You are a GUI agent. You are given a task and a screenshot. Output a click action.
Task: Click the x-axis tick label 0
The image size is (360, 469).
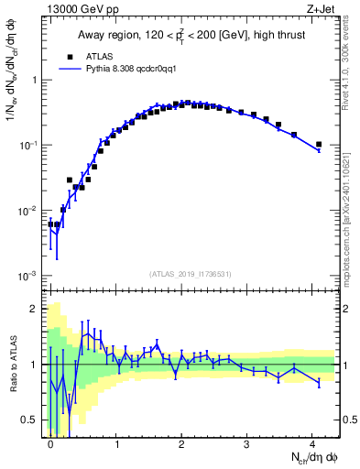point(51,442)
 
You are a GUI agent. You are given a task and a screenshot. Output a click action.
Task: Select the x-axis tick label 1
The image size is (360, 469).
point(117,442)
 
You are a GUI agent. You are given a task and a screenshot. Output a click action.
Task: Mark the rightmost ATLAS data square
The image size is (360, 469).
point(319,144)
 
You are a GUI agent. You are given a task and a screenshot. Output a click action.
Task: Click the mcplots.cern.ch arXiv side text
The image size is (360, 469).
point(348,207)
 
